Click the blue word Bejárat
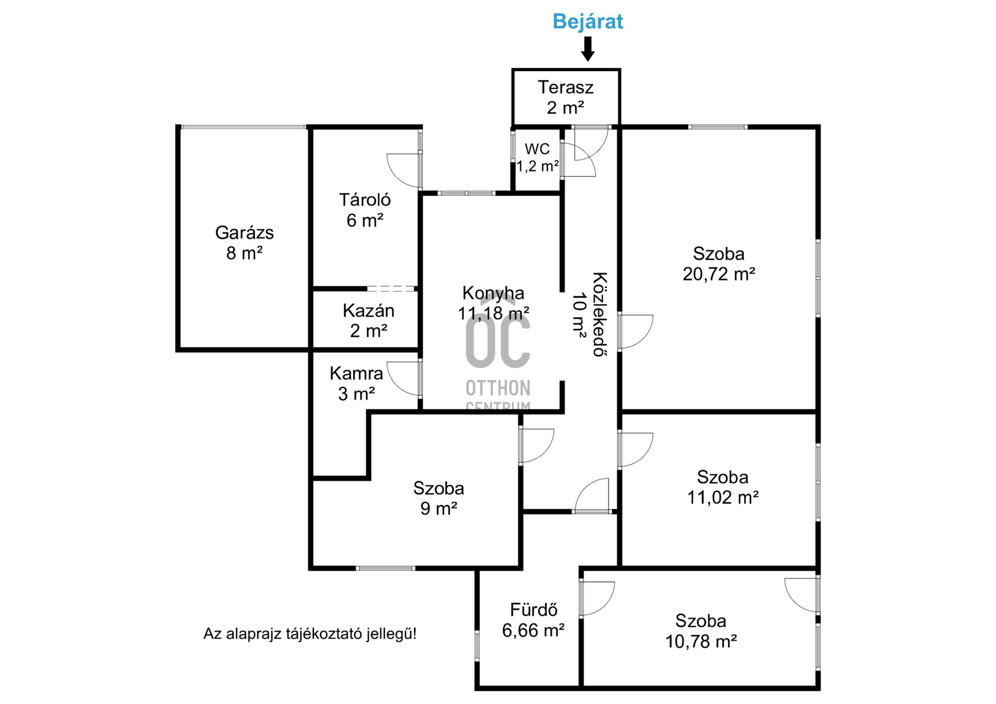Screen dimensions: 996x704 pos(588,21)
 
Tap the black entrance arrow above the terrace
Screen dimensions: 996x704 pos(588,49)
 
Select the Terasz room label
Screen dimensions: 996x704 pos(565,87)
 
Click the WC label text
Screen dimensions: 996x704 pos(537,149)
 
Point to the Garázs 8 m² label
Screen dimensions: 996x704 pos(244,243)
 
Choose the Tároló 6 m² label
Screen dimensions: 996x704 pos(365,210)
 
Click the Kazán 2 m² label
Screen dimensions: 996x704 pos(368,320)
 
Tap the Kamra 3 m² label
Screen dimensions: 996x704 pos(356,383)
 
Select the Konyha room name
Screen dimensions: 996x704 pos(493,293)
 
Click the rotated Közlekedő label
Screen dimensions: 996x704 pos(600,314)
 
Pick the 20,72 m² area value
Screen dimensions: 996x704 pos(719,274)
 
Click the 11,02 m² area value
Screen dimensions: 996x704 pos(723,498)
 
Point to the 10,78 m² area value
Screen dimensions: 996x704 pos(701,642)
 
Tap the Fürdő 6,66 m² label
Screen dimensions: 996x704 pos(533,620)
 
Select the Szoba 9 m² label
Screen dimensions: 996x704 pos(438,498)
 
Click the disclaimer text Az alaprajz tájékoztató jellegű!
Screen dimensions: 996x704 pos(310,633)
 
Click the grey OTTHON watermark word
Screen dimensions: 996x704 pos(498,388)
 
